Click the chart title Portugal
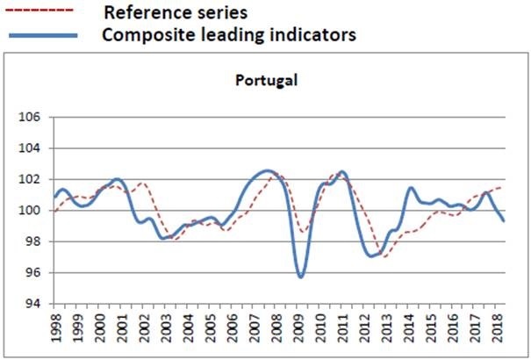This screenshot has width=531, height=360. coord(267,81)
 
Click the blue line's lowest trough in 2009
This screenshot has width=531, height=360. coord(301,277)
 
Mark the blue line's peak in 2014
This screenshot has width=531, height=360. coord(410,188)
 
